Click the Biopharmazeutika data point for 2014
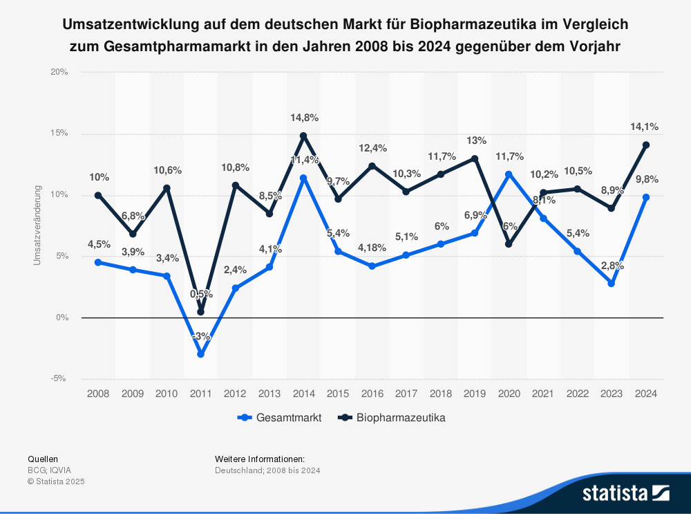coord(303,136)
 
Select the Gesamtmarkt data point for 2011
coord(200,354)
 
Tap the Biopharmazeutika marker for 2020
coord(509,244)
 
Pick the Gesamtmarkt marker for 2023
coord(612,283)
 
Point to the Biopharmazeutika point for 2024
coord(646,145)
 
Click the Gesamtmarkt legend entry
coord(279,418)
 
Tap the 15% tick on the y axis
coord(59,134)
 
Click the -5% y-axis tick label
coord(59,378)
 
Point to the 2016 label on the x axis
coord(372,394)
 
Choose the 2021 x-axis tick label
coord(543,394)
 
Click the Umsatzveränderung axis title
coord(37,225)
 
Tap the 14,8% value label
coord(303,118)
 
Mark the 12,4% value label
coord(372,148)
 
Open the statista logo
coord(625,493)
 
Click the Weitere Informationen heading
coord(260,459)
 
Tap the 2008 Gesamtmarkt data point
coord(98,262)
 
